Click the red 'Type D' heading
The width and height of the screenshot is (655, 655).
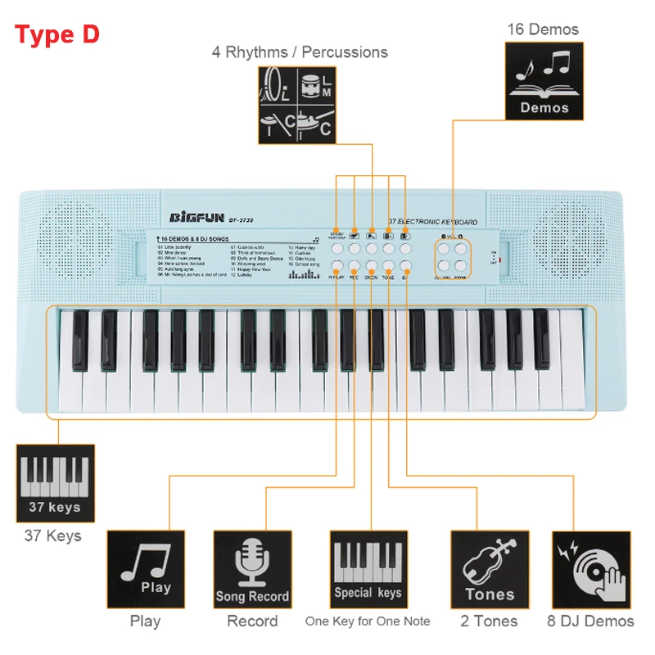tap(57, 34)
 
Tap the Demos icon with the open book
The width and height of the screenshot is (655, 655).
tap(544, 83)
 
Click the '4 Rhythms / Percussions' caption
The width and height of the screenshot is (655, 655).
tap(300, 52)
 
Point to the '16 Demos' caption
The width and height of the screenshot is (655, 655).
tap(543, 29)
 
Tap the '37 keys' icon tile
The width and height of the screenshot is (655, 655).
tap(56, 484)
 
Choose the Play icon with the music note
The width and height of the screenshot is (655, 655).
tap(147, 569)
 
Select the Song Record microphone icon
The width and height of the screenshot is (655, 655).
tap(252, 569)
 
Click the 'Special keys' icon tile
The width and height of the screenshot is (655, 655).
tap(368, 569)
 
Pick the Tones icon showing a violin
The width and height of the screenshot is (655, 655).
tap(490, 569)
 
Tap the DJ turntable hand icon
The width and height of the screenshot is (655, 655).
tap(591, 569)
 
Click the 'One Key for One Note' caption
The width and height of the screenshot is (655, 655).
tap(368, 621)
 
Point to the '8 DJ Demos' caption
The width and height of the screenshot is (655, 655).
tap(591, 621)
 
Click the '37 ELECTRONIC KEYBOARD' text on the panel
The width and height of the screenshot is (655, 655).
tap(432, 222)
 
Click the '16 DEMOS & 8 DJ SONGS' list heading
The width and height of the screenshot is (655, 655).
tap(192, 238)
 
